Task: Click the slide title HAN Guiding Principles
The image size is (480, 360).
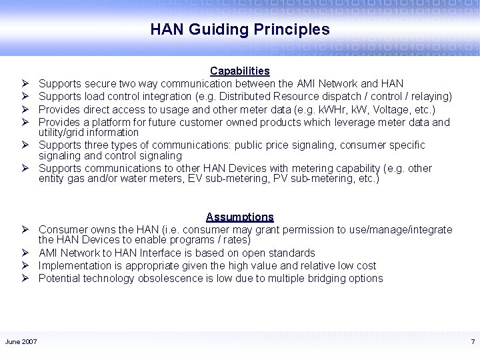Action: click(x=240, y=29)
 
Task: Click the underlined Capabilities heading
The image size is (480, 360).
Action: click(x=240, y=71)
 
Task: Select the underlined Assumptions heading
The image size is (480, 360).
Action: click(x=240, y=217)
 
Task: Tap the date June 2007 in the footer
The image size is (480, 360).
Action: click(x=21, y=342)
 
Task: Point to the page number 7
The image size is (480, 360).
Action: click(x=473, y=342)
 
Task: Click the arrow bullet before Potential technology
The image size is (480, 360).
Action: click(x=24, y=278)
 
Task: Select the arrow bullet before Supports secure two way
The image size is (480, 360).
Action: click(x=24, y=84)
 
